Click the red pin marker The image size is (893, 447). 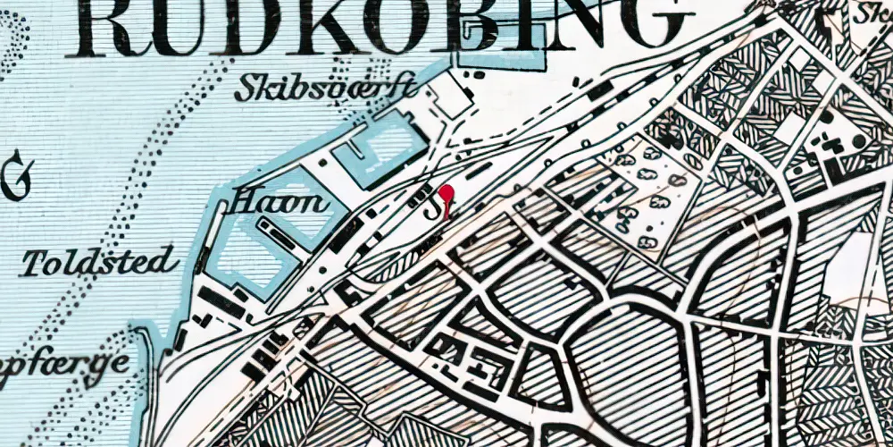446,193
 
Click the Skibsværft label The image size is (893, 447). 327,89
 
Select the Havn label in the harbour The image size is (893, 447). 280,203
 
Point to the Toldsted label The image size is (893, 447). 96,263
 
